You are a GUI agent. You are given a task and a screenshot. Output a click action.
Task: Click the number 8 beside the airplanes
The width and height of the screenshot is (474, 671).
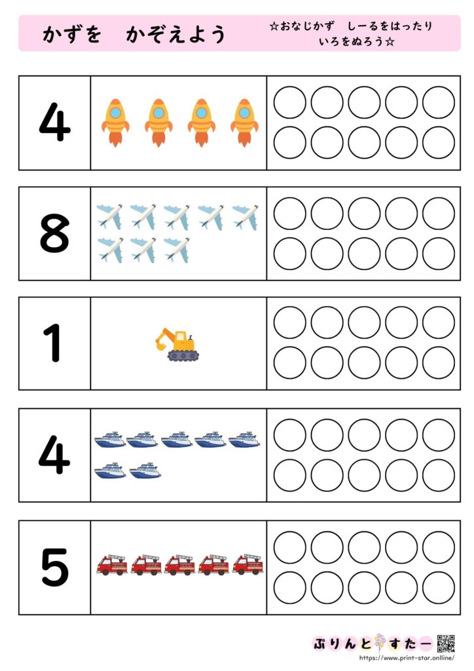(x=54, y=233)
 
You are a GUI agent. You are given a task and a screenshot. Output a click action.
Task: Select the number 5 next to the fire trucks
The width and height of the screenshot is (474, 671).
(x=55, y=567)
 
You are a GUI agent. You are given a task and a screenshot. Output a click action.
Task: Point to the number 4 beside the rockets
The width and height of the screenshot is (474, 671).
(x=54, y=122)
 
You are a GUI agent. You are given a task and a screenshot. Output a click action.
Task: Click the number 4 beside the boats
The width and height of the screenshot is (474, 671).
(x=54, y=455)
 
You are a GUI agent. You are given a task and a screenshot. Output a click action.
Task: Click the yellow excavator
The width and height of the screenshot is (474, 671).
(x=177, y=345)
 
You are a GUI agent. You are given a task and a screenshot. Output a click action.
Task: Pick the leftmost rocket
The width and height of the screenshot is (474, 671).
(x=115, y=123)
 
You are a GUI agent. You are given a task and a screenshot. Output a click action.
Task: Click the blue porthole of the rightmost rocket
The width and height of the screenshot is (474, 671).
(x=244, y=113)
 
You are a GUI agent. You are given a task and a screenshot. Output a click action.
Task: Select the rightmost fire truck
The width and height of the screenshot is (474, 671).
(x=248, y=564)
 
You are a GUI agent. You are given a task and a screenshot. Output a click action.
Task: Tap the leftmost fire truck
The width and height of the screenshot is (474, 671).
(x=112, y=564)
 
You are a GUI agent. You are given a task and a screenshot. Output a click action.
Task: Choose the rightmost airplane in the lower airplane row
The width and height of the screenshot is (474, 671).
(x=177, y=250)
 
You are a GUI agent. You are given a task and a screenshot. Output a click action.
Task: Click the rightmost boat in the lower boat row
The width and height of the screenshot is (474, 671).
(x=145, y=470)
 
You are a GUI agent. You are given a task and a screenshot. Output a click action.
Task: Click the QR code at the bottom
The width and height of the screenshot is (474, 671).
(x=446, y=643)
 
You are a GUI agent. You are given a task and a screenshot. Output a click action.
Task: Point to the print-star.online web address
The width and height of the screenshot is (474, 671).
(x=407, y=658)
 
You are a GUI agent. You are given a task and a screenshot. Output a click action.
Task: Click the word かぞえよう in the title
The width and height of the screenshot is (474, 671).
(x=175, y=34)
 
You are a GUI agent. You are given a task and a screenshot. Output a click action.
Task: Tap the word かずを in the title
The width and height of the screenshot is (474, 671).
(x=72, y=34)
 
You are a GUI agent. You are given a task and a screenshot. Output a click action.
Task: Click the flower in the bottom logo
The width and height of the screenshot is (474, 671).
(x=380, y=643)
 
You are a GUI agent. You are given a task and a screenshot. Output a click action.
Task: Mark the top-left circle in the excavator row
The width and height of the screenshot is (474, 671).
(x=290, y=322)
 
